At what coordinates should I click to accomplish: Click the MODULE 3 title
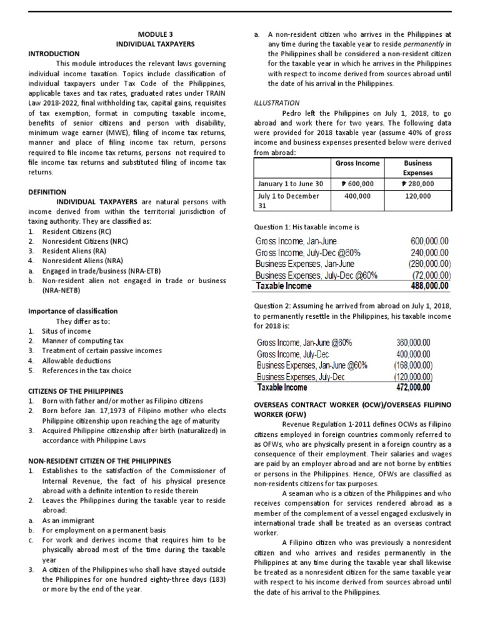point(155,35)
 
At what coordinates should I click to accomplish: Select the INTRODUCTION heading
point(54,54)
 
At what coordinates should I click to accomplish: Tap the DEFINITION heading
point(47,192)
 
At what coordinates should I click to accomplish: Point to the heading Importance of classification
point(73,311)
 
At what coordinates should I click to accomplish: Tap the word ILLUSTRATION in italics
point(277,102)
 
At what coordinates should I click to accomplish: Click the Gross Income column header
point(357,163)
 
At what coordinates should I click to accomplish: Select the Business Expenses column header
point(418,167)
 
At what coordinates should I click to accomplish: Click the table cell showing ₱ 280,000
point(418,184)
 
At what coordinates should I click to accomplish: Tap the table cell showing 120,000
point(418,196)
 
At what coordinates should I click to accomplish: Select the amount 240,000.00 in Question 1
point(429,252)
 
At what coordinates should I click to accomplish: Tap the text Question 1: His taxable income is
point(306,227)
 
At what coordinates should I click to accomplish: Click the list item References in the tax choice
point(87,371)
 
